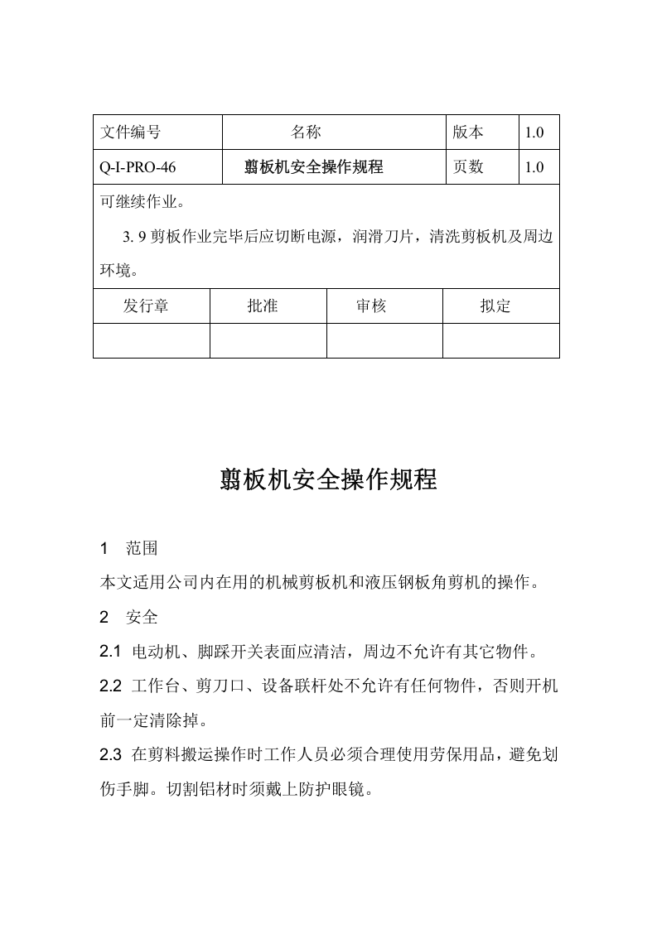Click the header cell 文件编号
(130, 132)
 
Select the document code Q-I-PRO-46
(138, 167)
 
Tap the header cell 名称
(306, 132)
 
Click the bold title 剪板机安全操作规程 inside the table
(314, 167)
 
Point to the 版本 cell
(468, 132)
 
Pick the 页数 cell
(468, 167)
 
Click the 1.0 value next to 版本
(534, 132)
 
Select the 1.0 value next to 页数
(534, 167)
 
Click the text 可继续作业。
(143, 202)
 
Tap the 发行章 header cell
(146, 306)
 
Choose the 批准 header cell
(263, 306)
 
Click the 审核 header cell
(371, 306)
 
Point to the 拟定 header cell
(495, 306)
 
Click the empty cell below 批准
(268, 340)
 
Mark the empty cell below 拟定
(500, 340)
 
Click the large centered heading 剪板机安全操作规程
(328, 479)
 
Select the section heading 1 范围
(128, 549)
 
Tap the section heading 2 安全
(128, 618)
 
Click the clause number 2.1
(110, 652)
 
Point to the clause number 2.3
(110, 755)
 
